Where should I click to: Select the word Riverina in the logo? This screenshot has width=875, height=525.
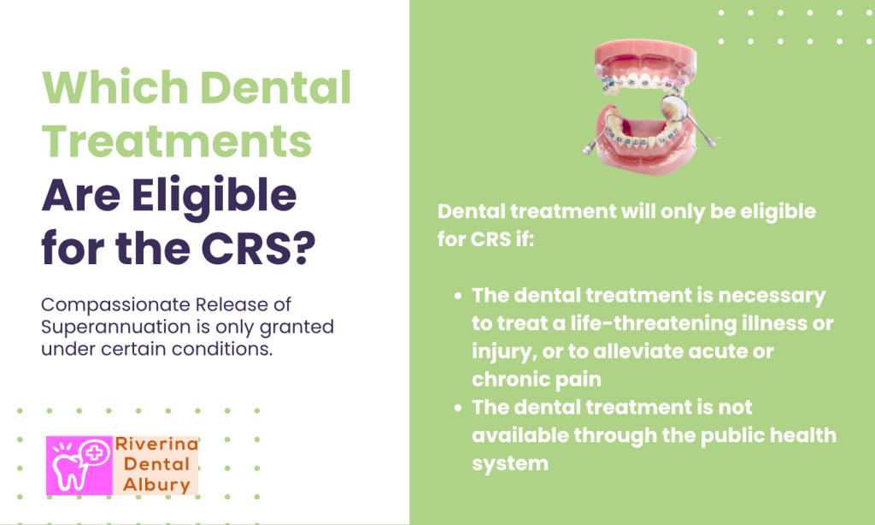157,445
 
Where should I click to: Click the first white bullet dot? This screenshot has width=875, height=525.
459,296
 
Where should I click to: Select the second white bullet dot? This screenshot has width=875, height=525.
459,408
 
